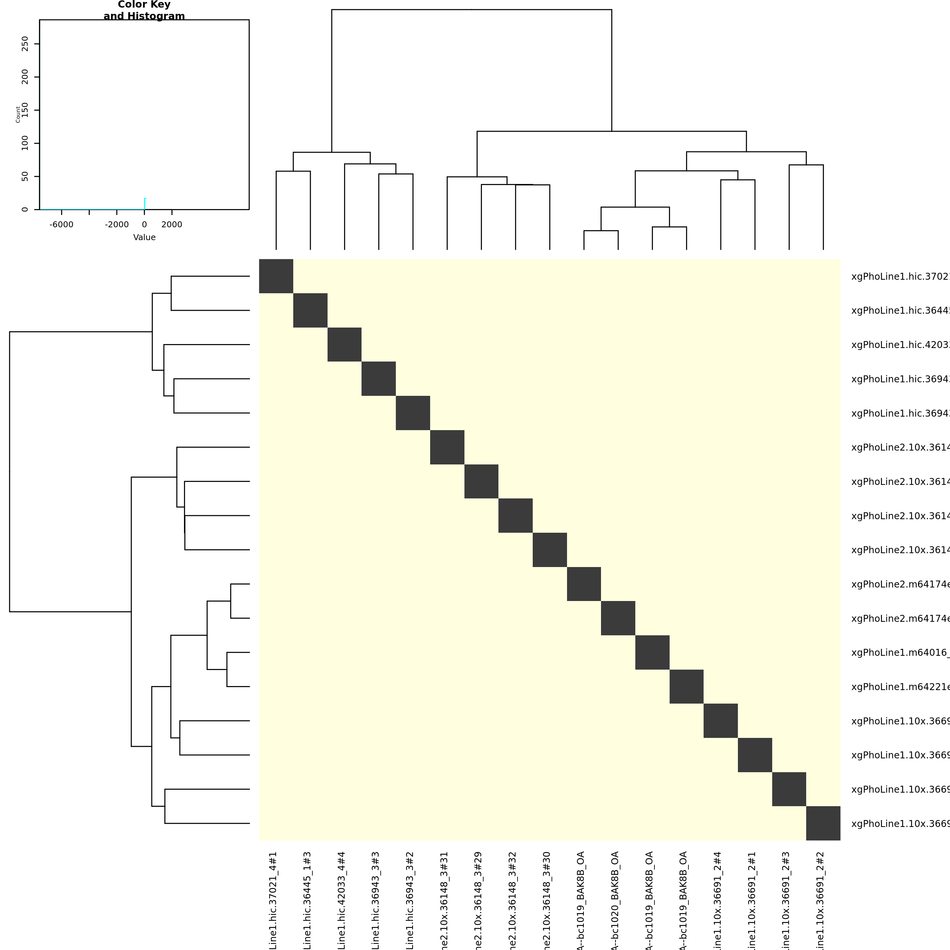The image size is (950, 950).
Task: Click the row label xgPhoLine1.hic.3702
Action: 900,276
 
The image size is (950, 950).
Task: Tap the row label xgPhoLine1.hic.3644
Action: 900,311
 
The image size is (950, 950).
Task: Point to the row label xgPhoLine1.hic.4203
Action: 900,345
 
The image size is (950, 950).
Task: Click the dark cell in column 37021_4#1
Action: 276,276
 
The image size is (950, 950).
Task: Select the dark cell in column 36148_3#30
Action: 550,550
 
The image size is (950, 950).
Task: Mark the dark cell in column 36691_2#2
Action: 823,823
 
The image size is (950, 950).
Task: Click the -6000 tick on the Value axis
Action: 62,225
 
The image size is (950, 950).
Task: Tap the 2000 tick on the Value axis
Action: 172,225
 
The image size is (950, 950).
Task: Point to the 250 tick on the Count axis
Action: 25,44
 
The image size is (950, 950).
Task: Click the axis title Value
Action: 144,237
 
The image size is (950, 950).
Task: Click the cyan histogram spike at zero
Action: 144,204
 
